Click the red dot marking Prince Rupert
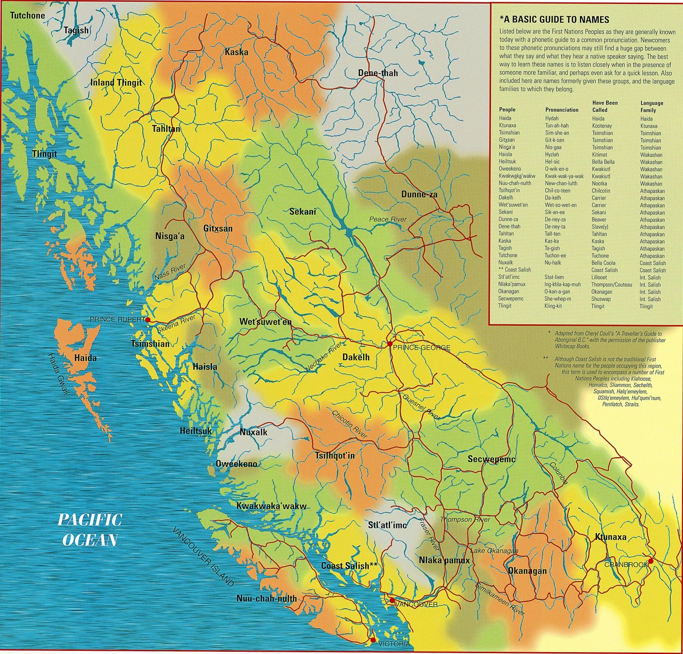tap(148, 320)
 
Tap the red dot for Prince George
tap(389, 344)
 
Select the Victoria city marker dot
tap(373, 640)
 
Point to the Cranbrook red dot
tap(650, 561)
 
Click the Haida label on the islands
tap(86, 358)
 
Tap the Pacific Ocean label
tap(90, 530)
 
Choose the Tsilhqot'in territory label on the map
tap(335, 455)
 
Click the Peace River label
tap(387, 219)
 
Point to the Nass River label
tap(170, 272)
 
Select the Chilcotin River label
tap(349, 424)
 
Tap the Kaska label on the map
tap(236, 52)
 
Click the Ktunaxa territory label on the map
tap(611, 537)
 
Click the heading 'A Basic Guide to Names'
tap(554, 19)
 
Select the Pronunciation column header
tap(561, 110)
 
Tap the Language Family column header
tap(651, 106)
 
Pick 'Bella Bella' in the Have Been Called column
tap(603, 162)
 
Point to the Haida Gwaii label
tap(57, 374)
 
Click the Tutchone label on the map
tap(28, 15)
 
